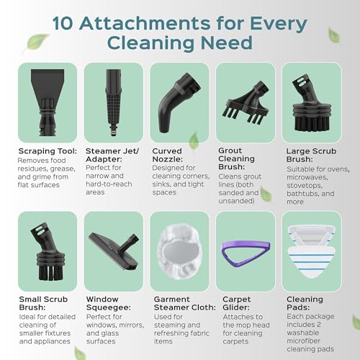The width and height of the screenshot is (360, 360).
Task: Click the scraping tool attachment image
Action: point(48,102)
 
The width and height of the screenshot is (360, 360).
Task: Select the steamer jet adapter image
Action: point(114,103)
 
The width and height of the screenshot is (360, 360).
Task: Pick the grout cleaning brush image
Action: point(246,102)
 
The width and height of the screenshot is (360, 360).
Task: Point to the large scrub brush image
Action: point(312,104)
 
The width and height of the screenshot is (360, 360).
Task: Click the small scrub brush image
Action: point(49,251)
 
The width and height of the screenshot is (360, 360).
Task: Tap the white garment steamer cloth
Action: point(179,251)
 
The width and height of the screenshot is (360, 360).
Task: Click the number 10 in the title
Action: point(63,24)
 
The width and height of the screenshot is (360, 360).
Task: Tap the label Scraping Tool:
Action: point(48,151)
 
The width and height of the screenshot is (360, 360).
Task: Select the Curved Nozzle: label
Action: point(167,155)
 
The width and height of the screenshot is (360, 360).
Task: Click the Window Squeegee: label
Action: point(109,303)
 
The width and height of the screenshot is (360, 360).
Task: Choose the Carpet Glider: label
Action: point(236,303)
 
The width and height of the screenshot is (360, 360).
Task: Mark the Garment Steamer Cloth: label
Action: point(184,303)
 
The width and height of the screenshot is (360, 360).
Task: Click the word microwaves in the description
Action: point(307,177)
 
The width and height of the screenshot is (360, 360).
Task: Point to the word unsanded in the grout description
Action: point(236,201)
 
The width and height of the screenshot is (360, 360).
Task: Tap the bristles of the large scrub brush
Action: point(312,123)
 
